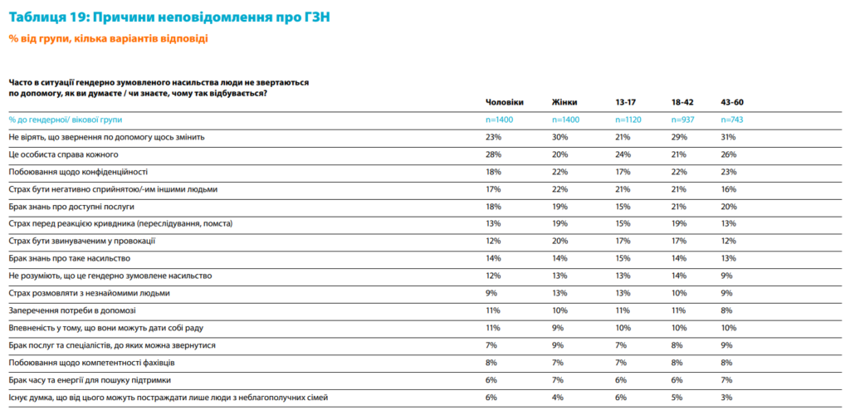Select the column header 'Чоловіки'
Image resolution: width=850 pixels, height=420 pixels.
pos(504,102)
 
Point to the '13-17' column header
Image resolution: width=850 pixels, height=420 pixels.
pos(626,102)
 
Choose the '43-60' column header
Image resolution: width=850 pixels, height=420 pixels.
pos(732,102)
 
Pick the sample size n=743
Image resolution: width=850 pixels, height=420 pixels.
pos(733,120)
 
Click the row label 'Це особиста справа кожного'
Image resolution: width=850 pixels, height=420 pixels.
pos(64,154)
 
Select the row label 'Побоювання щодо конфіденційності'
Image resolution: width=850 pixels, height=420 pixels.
pos(78,172)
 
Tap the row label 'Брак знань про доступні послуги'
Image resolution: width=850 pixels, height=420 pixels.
pos(71,206)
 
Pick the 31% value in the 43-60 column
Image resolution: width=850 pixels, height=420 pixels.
pos(729,137)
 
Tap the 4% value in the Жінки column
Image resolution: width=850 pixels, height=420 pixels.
pos(558,398)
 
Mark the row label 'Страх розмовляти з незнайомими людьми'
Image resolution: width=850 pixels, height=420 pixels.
pos(90,293)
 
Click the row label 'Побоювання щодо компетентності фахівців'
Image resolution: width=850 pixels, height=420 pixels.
pos(91,363)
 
